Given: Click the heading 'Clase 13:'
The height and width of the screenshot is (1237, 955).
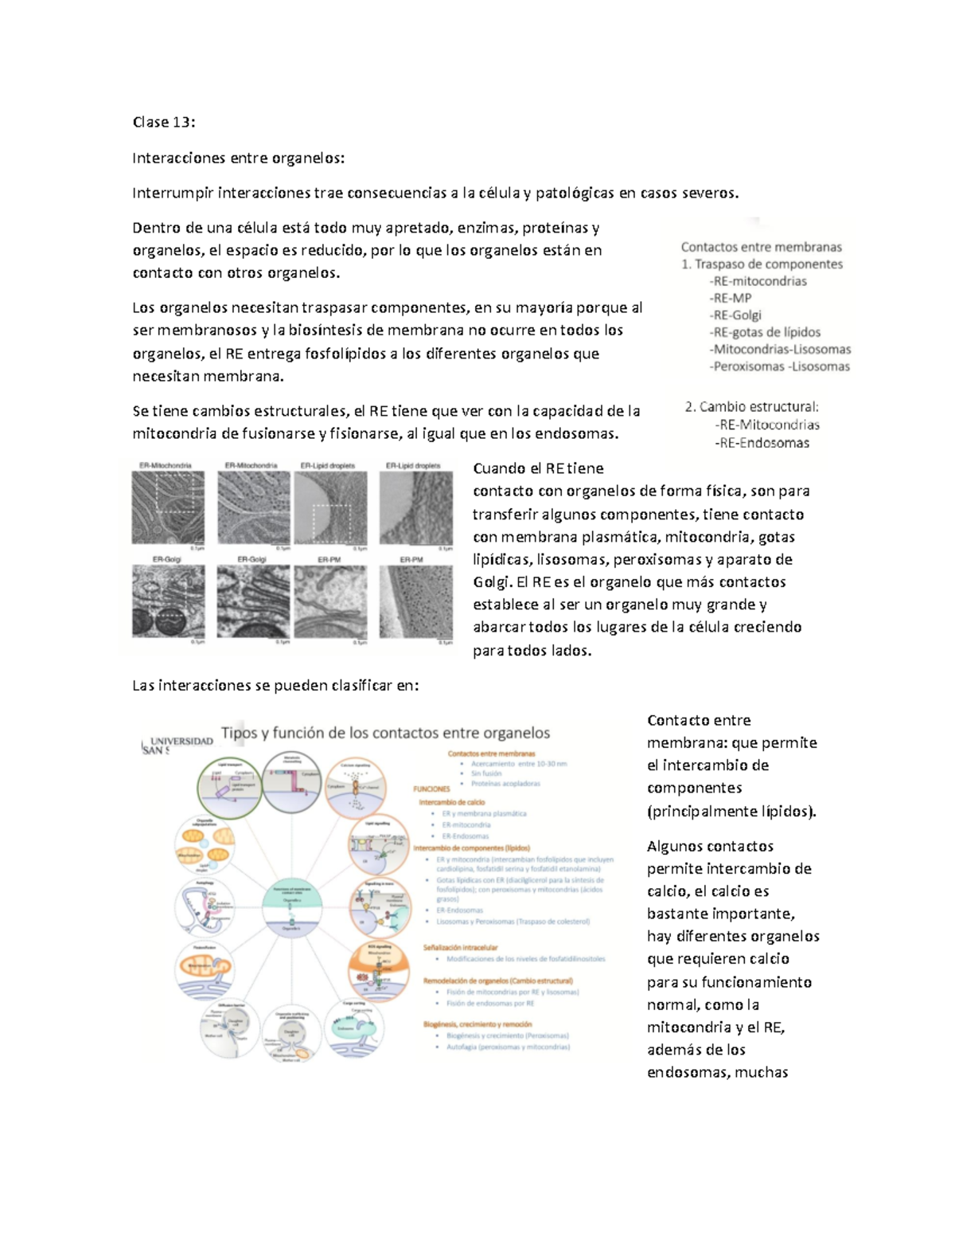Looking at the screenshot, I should [163, 122].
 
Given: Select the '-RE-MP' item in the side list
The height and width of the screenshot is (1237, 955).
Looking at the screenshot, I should [730, 298].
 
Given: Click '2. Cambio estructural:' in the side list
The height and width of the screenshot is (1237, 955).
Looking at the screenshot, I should [751, 407].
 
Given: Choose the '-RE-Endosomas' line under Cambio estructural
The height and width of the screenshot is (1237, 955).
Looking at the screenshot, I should [762, 443].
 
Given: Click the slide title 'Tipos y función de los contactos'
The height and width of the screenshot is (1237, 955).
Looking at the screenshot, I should [385, 733].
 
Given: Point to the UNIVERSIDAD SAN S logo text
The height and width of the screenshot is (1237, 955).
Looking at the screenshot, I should [177, 745].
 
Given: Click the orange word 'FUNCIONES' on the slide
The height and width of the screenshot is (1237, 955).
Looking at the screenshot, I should [431, 789].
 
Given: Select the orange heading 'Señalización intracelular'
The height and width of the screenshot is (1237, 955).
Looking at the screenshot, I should [460, 948].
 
